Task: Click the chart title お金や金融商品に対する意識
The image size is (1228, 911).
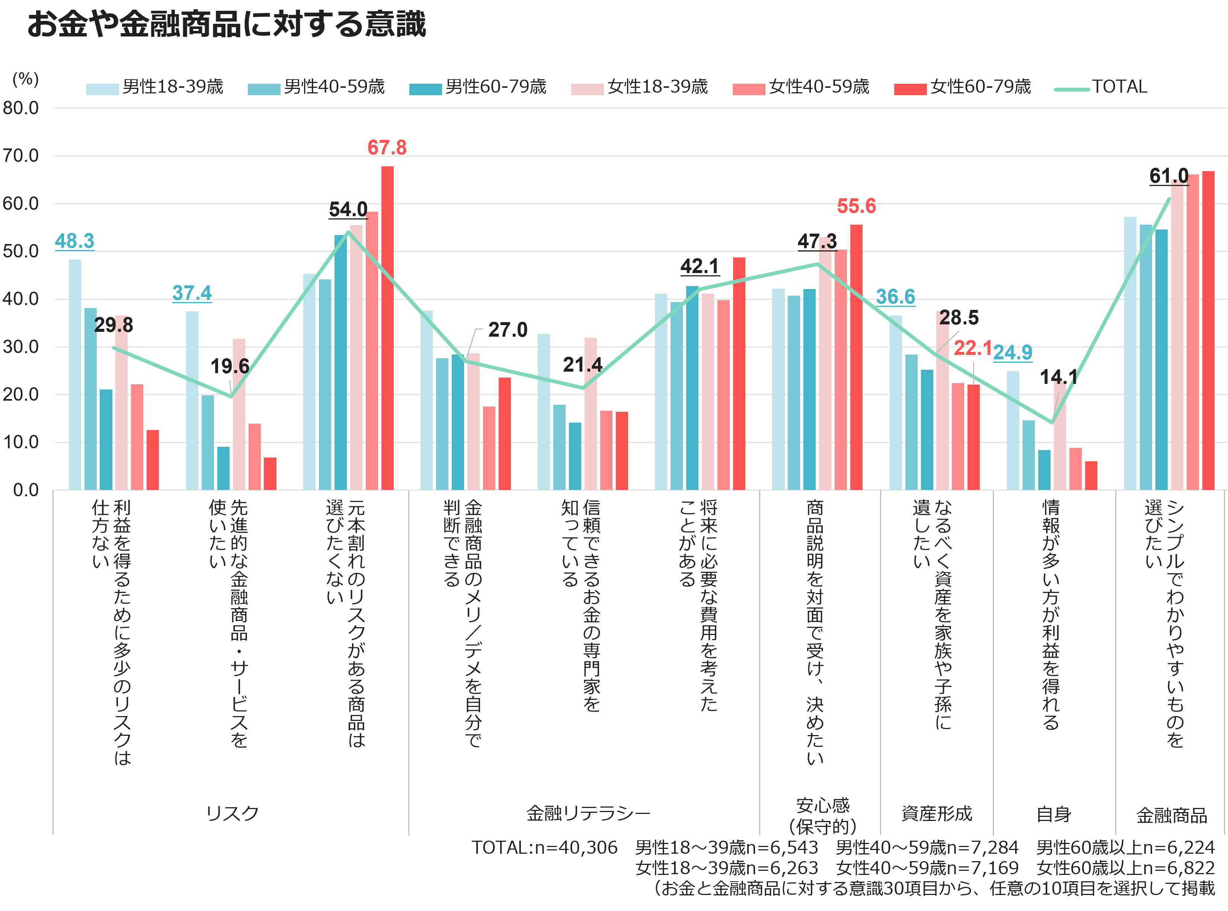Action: click(227, 24)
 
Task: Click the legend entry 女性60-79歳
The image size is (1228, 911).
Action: click(962, 87)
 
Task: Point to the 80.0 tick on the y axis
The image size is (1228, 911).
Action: click(21, 108)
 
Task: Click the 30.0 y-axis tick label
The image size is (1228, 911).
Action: click(21, 347)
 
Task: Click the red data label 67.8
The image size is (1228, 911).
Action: click(387, 148)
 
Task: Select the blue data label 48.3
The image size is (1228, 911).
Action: click(74, 241)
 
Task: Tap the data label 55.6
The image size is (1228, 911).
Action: click(856, 206)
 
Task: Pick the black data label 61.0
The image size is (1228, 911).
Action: click(1169, 176)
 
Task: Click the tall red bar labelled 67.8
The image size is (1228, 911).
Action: click(387, 328)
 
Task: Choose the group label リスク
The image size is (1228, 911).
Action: click(232, 814)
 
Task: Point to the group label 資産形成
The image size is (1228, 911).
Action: click(937, 814)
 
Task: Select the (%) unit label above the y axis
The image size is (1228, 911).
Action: click(25, 79)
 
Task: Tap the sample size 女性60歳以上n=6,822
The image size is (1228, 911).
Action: click(1126, 868)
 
